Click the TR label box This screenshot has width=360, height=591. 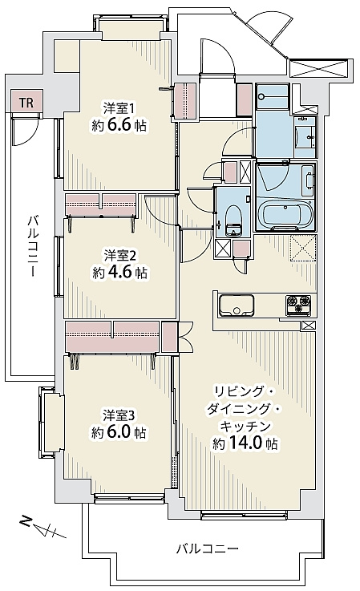(27, 101)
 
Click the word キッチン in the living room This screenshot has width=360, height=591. (245, 427)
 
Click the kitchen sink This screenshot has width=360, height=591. (237, 305)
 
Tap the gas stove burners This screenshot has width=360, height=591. (298, 305)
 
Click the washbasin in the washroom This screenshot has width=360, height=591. (305, 136)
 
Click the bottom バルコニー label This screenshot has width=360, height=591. (208, 548)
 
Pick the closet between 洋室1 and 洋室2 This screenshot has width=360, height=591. (101, 204)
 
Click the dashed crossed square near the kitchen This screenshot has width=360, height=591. (303, 247)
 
